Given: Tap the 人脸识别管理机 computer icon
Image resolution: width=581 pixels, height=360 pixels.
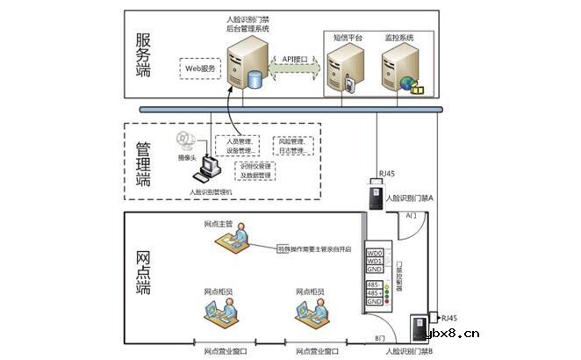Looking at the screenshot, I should (210, 167).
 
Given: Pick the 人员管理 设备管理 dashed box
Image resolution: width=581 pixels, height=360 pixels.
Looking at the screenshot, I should (240, 145).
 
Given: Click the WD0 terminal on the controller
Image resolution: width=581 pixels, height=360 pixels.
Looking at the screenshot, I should (375, 253).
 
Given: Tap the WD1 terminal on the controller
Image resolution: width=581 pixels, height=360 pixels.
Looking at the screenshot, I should (375, 262).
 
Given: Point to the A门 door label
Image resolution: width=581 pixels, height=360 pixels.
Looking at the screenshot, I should (411, 215).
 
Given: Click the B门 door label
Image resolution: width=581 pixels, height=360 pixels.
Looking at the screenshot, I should (380, 337).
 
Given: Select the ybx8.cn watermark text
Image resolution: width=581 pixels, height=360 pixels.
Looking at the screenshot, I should (451, 334).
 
